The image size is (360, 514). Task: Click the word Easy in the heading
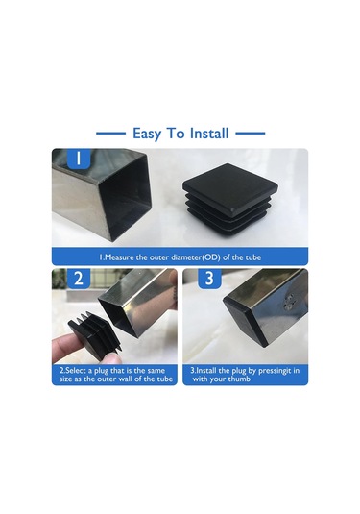point(149,134)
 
